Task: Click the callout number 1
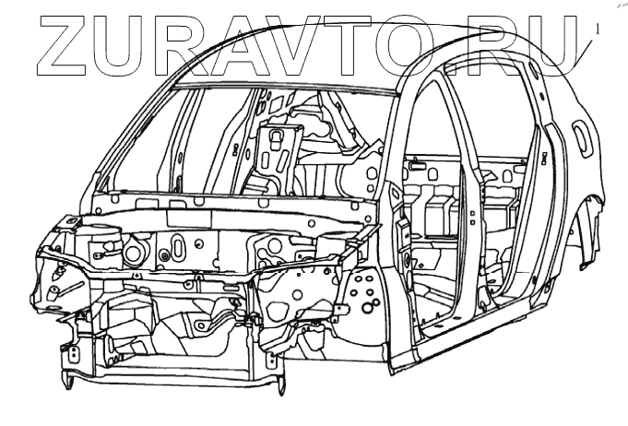(x=598, y=29)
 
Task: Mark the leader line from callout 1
(x=586, y=52)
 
